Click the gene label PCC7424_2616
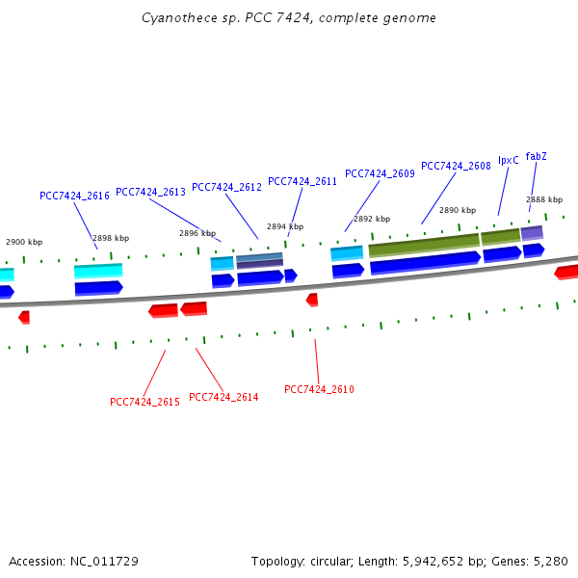[74, 196]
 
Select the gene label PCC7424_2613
[150, 192]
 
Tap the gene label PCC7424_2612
[226, 187]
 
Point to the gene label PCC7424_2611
[302, 181]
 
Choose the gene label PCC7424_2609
[380, 173]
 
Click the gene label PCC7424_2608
[456, 166]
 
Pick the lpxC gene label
[509, 160]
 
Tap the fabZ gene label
[537, 156]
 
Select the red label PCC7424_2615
[144, 402]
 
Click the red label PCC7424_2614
[223, 397]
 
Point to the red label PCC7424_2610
[319, 389]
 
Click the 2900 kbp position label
[24, 242]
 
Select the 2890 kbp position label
[458, 210]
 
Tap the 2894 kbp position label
[285, 226]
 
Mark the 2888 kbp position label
[544, 199]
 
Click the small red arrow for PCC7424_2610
[312, 300]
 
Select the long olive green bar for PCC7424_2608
[424, 246]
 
